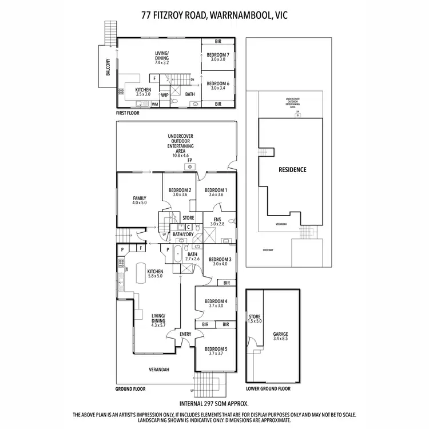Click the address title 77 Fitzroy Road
point(214,15)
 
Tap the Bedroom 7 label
point(217,56)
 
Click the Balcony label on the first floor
point(108,70)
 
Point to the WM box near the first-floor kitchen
point(154,104)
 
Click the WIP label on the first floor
point(165,95)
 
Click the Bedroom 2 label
point(179,192)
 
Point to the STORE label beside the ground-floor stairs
point(188,218)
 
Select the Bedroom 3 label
point(220,261)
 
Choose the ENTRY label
point(185,335)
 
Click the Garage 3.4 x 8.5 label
point(280,335)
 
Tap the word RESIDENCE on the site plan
point(292,170)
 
